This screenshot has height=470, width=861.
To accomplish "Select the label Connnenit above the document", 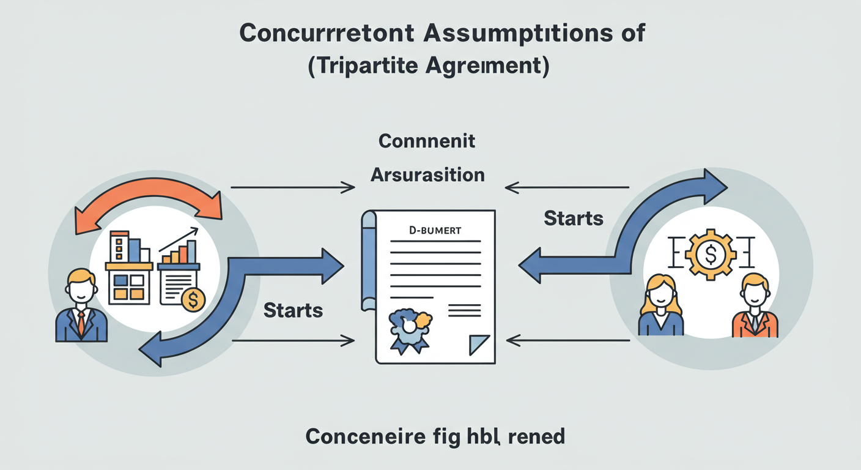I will point(427,141).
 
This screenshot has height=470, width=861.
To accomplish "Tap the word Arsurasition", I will point(427,175).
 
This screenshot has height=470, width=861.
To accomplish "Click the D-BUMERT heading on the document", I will point(435,231).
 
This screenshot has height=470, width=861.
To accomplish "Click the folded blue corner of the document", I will point(479,345).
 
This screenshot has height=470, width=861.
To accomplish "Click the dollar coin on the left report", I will point(194,299).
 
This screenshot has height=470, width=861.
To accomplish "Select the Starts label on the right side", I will point(573,218).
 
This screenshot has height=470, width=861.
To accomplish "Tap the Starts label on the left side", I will point(293,310).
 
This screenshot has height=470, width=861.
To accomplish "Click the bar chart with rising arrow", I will point(180,248).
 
